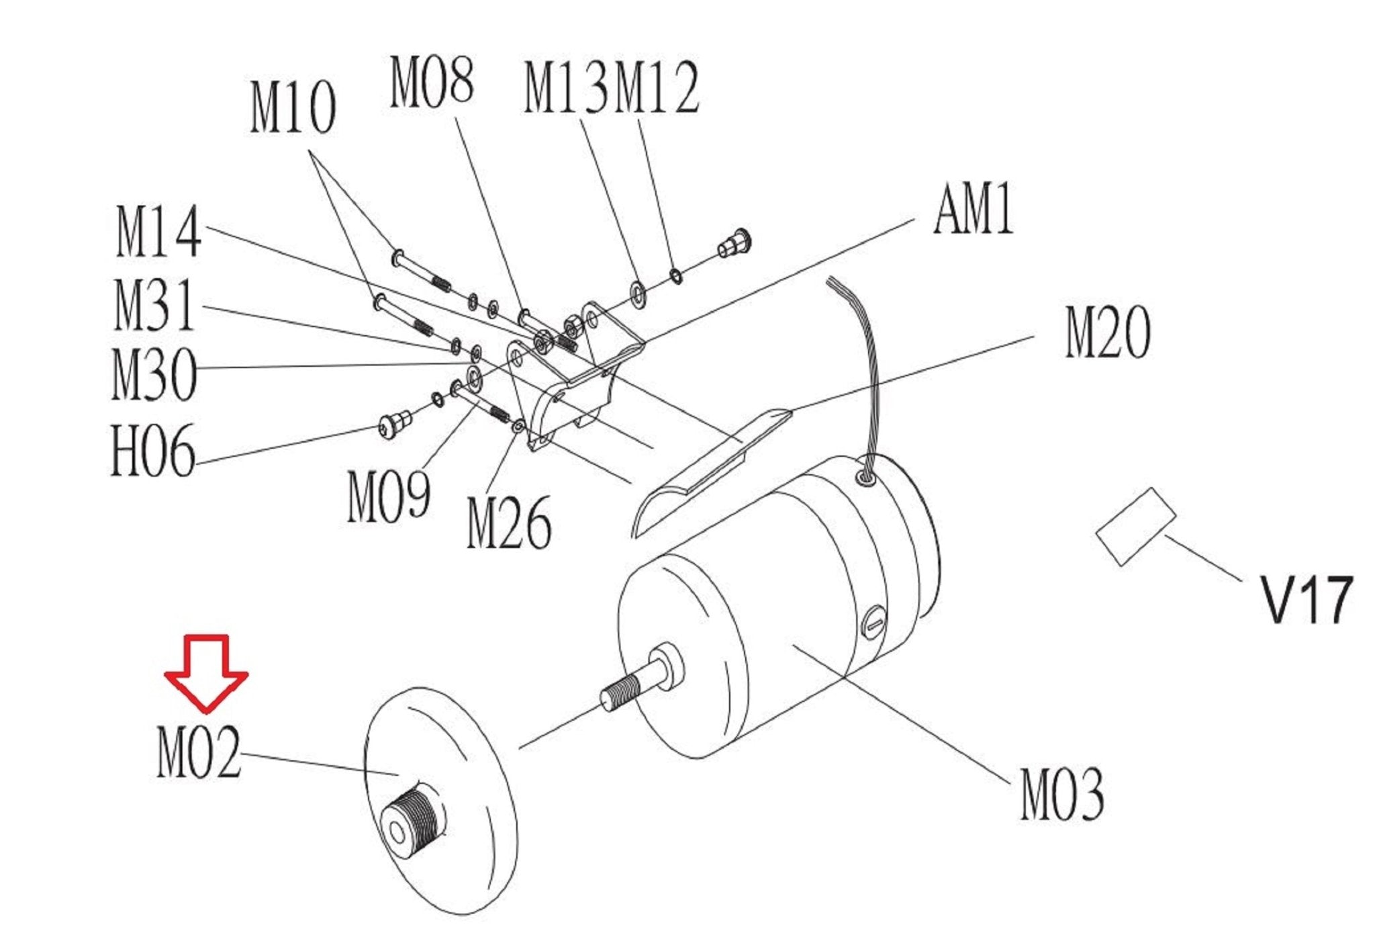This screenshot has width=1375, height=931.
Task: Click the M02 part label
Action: pyautogui.click(x=198, y=752)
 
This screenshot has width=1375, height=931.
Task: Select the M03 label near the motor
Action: pyautogui.click(x=1062, y=795)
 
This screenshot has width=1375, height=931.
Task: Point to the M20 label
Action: pyautogui.click(x=1108, y=332)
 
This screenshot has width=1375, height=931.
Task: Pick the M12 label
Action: pyautogui.click(x=657, y=87)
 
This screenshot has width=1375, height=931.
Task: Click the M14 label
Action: pyautogui.click(x=158, y=232)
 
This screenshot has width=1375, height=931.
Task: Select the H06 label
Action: pyautogui.click(x=153, y=450)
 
